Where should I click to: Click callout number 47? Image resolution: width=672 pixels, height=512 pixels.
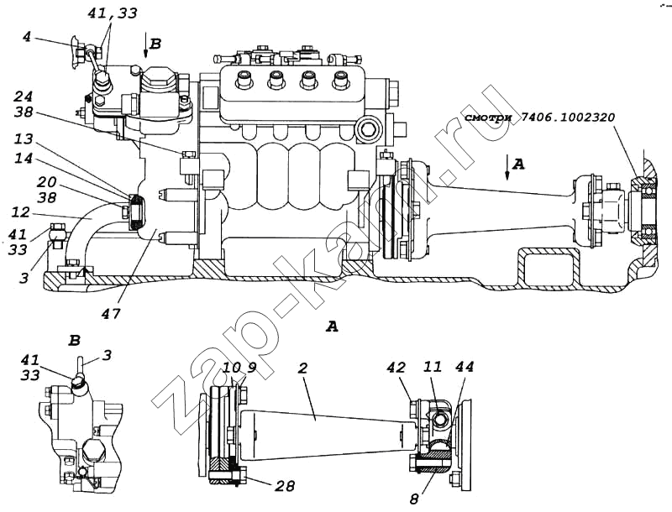tap(111, 313)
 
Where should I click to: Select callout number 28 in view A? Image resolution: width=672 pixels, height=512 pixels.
tap(286, 486)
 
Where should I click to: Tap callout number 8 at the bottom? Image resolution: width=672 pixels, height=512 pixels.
tap(413, 499)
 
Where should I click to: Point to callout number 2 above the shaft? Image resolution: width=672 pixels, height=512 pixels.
tap(303, 368)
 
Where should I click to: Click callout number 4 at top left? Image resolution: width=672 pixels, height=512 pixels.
tap(27, 37)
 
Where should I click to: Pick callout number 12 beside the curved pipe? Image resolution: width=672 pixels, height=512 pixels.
tap(20, 212)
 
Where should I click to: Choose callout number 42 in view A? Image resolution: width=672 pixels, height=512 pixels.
tap(396, 368)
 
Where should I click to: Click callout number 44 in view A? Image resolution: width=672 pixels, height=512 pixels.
tap(465, 367)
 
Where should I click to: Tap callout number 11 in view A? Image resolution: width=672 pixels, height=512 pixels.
tap(433, 367)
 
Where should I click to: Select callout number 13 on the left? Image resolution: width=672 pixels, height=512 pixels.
tap(24, 139)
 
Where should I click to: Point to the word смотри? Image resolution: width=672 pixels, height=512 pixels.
tap(489, 118)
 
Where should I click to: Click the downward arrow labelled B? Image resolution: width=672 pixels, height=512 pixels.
tap(145, 45)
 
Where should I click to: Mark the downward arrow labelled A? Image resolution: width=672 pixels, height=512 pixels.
tap(507, 167)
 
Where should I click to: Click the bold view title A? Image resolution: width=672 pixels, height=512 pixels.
tap(332, 327)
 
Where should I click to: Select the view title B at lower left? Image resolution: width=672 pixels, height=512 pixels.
tap(75, 341)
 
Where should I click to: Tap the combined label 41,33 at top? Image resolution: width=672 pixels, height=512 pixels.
tap(113, 13)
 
